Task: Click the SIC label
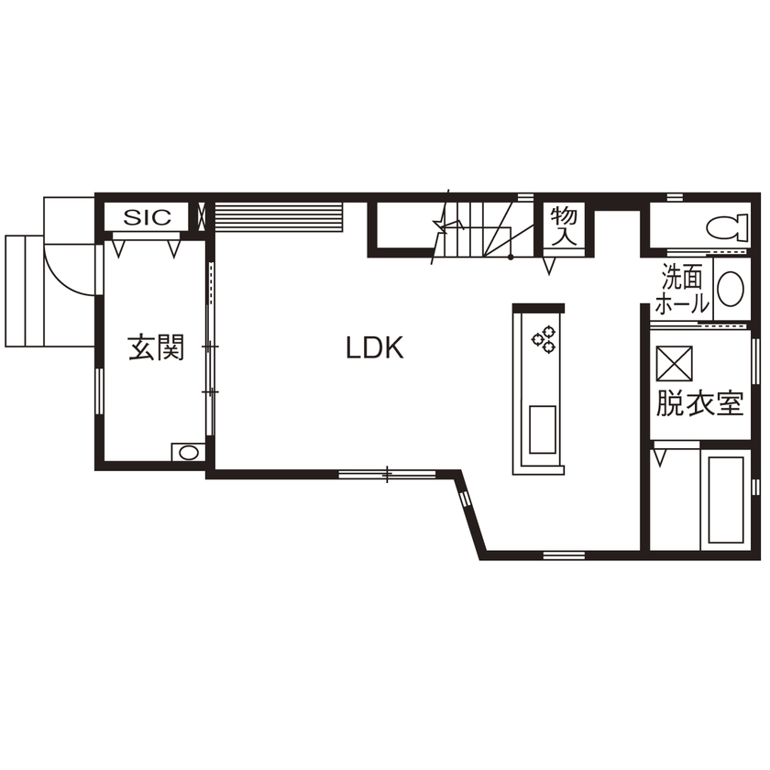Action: coord(148,218)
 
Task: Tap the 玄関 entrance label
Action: coord(157,348)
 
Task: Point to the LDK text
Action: coord(375,347)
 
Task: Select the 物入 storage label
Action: coord(563,225)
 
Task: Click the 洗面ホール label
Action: coord(684,290)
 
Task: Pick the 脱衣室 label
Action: coord(698,403)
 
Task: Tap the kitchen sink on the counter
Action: coord(542,429)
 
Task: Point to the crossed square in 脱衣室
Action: coord(676,363)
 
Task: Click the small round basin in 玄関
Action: coord(189,452)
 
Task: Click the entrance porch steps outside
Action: coord(25,290)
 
